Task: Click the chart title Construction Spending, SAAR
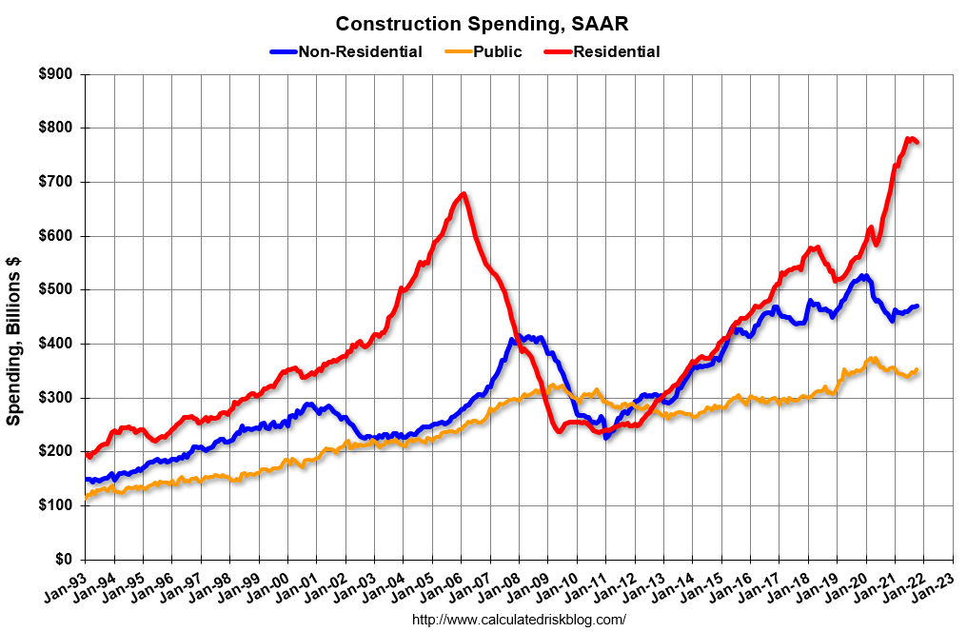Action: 482,23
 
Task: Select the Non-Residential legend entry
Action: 360,51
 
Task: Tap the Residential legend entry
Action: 616,51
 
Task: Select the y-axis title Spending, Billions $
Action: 15,340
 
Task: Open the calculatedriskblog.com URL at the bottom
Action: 519,620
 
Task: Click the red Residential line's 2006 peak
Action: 463,194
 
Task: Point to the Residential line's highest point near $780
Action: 911,138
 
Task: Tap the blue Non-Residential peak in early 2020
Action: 863,276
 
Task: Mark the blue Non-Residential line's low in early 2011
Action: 606,436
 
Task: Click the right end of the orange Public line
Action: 917,369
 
